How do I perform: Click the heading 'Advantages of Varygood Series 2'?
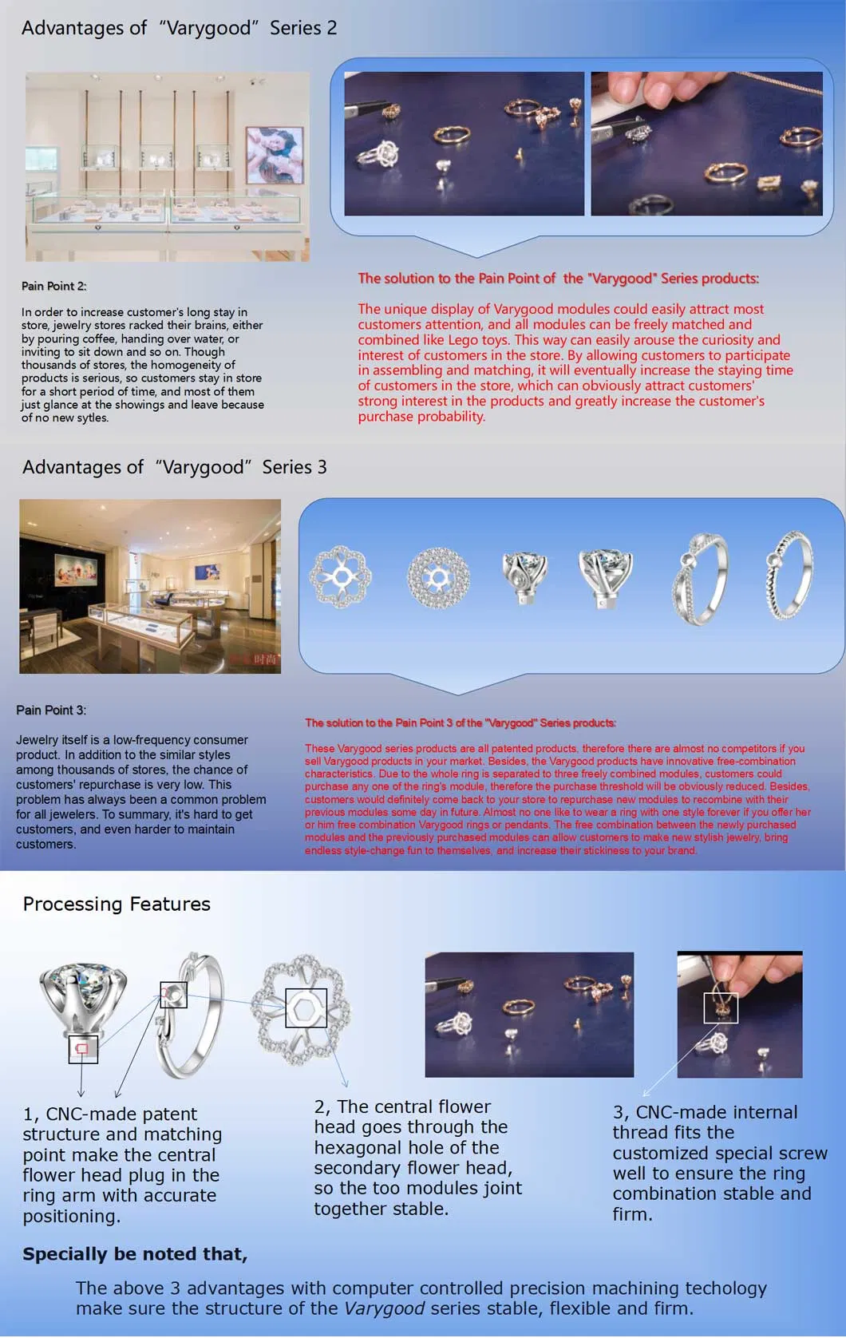(179, 28)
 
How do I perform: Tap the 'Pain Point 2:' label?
(54, 286)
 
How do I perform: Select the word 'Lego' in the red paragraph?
(464, 339)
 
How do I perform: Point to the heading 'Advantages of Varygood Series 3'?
(174, 467)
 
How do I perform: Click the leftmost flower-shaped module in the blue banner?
(341, 576)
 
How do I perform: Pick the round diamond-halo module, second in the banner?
(438, 577)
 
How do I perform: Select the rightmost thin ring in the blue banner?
(789, 575)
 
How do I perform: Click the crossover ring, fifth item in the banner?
(700, 578)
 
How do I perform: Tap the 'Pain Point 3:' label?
(51, 710)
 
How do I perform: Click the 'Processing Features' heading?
(117, 904)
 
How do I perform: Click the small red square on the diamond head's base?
(81, 1048)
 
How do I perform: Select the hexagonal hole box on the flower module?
(306, 1008)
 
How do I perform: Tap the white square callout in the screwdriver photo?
(721, 1007)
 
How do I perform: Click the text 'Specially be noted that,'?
(135, 1253)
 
